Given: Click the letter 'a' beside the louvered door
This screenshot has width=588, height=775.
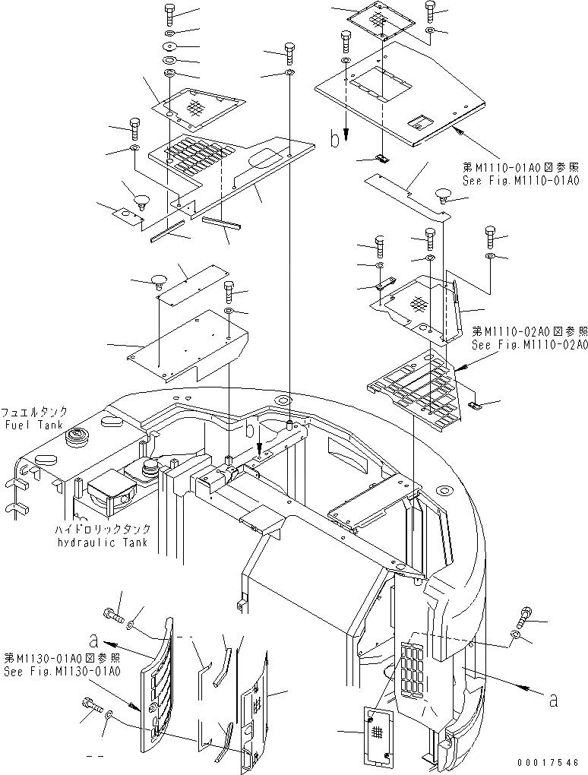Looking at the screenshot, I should point(92,640).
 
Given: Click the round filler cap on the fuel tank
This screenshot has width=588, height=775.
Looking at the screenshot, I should point(77,438).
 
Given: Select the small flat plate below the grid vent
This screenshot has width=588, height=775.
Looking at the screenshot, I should point(378,734).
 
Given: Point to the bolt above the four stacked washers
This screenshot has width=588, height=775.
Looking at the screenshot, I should point(169,14).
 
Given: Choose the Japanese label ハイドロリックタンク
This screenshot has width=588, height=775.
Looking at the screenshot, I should point(103,530).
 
